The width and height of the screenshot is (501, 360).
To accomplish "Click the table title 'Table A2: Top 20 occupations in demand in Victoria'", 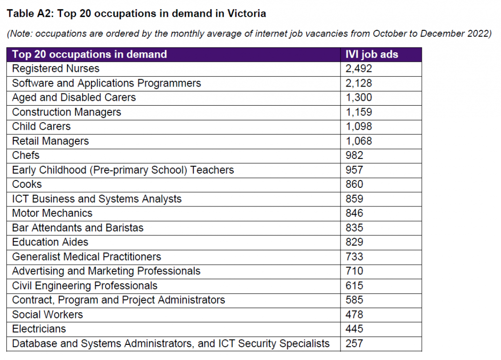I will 137,14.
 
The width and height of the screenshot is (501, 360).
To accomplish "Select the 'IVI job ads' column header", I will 372,54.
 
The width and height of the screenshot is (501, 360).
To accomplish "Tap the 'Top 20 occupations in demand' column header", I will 90,54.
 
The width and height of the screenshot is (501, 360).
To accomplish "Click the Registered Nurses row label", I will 56,69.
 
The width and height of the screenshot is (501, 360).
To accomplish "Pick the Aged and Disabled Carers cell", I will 74,98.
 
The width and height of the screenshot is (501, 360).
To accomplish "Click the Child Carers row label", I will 42,127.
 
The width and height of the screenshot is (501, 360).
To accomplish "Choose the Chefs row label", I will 26,156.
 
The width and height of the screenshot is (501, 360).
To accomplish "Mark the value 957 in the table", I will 355,170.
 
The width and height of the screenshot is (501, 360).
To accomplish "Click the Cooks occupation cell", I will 27,184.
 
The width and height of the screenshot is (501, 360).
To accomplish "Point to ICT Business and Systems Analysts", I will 97,199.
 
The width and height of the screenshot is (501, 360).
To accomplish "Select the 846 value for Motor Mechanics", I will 355,213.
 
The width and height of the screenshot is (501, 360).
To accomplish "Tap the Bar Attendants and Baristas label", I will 78,228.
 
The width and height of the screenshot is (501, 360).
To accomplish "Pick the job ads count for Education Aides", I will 355,242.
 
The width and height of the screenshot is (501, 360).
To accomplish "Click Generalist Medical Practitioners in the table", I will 87,257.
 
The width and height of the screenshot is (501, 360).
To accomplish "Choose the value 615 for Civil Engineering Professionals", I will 355,286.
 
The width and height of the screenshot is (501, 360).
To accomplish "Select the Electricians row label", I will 39,329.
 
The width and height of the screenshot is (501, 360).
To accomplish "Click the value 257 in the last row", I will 355,343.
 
